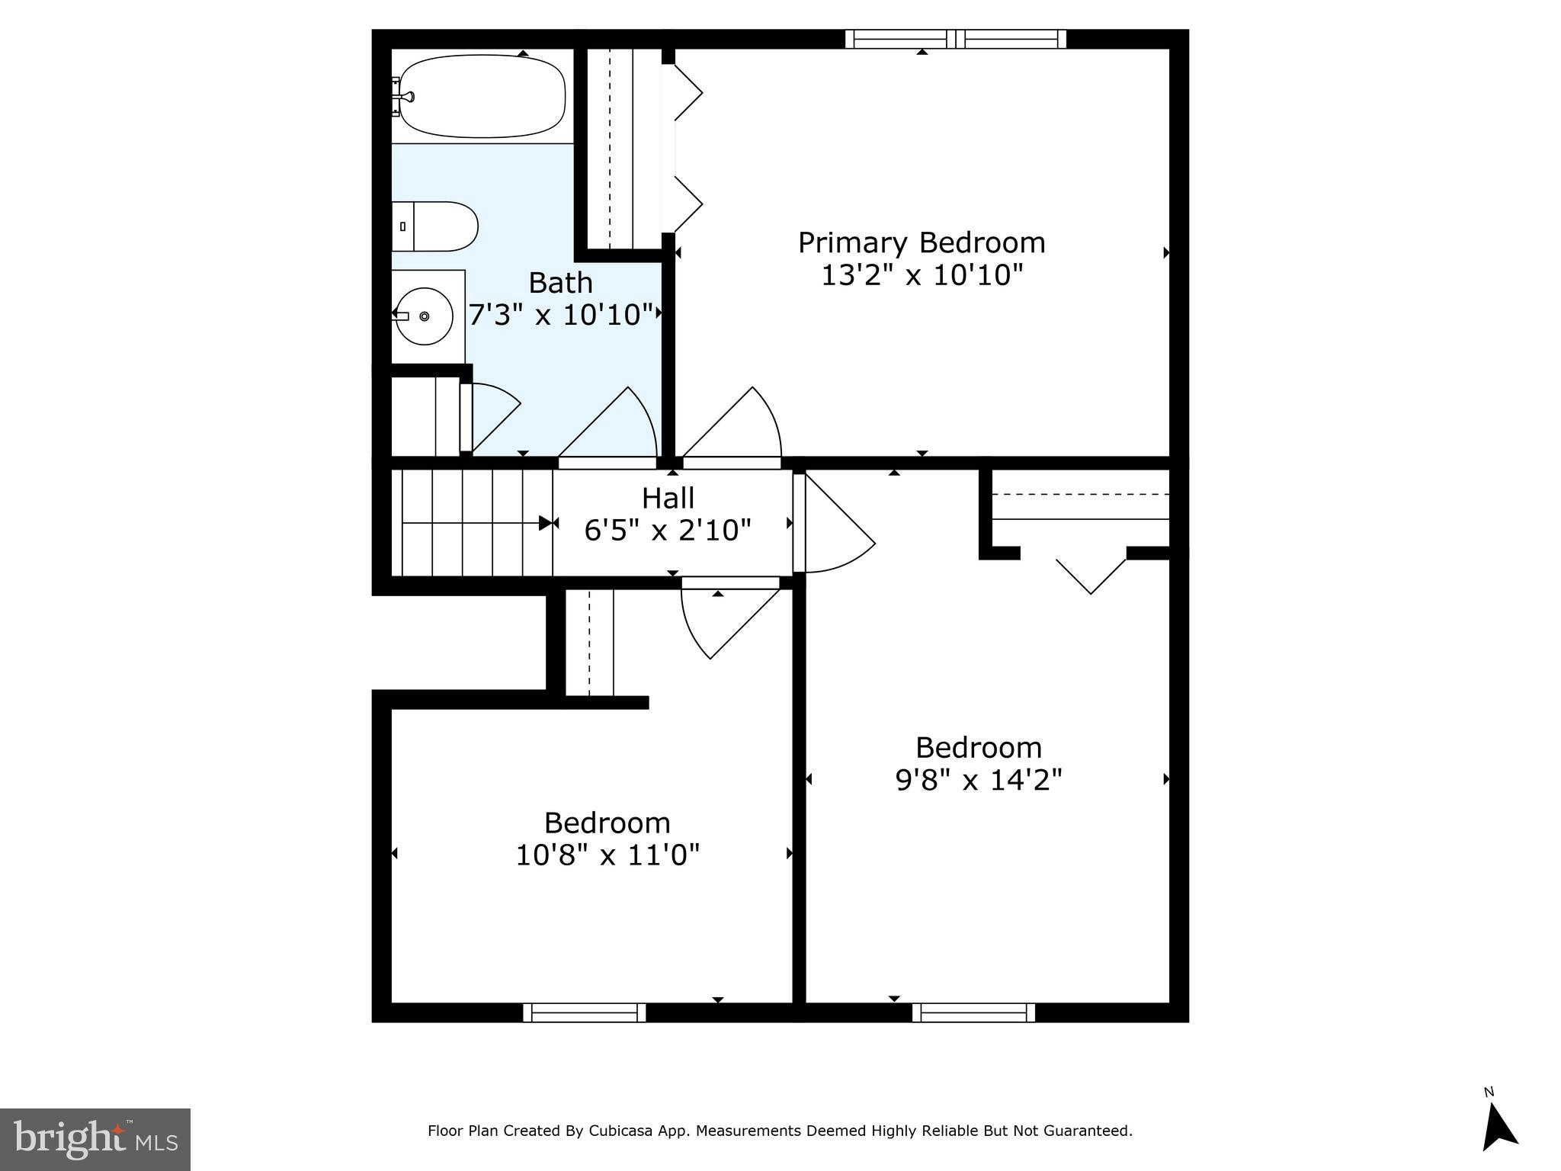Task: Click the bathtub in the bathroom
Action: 482,96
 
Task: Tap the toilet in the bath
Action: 435,226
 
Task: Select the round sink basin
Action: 424,316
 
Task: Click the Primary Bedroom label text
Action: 921,242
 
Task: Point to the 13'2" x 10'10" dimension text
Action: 921,275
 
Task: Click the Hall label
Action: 668,498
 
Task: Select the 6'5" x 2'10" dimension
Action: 668,530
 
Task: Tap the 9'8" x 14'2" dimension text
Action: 978,780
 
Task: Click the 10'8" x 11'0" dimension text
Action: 607,855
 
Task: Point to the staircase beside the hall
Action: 470,523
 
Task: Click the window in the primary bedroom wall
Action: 956,39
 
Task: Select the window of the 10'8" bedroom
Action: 585,1012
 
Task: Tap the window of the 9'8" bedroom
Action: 973,1012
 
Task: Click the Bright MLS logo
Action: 95,1139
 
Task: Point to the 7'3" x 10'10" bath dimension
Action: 563,315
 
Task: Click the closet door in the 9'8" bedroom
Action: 1091,573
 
